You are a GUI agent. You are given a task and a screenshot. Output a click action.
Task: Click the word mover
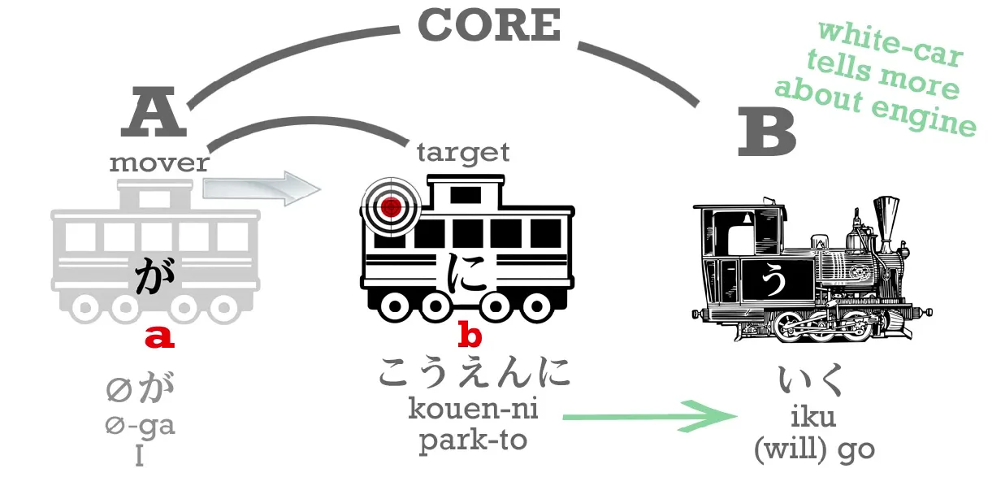[x=159, y=163]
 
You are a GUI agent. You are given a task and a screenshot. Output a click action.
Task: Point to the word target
[x=463, y=151]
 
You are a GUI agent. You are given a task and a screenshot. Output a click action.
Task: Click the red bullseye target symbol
[x=392, y=206]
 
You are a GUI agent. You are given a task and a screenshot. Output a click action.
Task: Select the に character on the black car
[x=466, y=272]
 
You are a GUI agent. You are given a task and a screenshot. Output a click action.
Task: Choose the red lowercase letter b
[x=470, y=334]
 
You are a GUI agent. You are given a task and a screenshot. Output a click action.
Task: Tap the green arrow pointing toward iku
[x=650, y=416]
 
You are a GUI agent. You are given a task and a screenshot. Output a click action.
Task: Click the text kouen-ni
[x=473, y=410]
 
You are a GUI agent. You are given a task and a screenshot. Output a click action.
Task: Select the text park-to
[x=473, y=440]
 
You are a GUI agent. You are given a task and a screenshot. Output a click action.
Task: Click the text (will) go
[x=813, y=449]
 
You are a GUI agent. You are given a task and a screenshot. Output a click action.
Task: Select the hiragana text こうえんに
[x=474, y=372]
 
